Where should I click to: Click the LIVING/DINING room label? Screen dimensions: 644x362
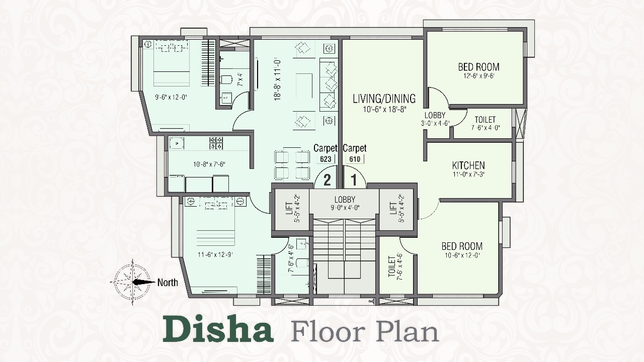(384, 99)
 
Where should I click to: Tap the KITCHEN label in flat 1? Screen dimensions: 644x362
(468, 165)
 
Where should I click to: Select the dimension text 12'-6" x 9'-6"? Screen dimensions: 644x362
(478, 76)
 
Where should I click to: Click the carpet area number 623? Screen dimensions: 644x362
(326, 159)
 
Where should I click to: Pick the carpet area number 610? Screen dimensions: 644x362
(355, 159)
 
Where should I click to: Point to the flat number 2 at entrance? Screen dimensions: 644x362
(327, 180)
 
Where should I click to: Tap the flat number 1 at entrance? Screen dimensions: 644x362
(354, 180)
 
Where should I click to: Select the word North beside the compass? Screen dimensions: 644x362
(168, 283)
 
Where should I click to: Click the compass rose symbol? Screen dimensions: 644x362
(132, 282)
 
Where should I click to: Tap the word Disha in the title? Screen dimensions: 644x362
(218, 329)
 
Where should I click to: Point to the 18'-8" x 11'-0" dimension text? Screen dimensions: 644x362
(277, 80)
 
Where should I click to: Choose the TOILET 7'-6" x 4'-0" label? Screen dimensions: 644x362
(486, 123)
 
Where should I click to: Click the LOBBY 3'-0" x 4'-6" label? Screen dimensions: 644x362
(435, 119)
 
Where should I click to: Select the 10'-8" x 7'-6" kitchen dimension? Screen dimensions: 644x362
(209, 164)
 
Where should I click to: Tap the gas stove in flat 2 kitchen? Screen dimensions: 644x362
(216, 143)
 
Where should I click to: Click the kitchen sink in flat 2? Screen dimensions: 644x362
(177, 143)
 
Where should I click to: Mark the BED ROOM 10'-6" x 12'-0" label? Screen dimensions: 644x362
(462, 250)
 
